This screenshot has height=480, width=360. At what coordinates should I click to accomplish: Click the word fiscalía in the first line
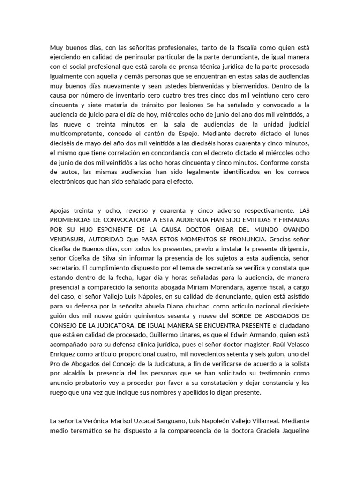238,47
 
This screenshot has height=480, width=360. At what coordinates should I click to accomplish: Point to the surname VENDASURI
69,239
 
